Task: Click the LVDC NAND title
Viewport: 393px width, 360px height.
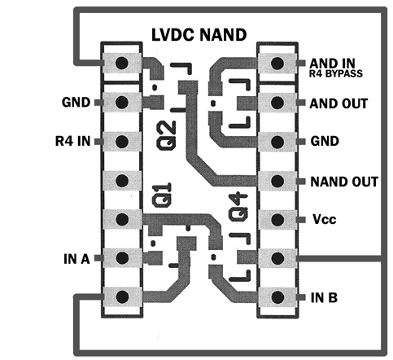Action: tap(199, 35)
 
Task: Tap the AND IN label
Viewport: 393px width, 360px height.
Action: tap(332, 64)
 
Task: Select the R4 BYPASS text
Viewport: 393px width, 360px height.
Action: tap(336, 73)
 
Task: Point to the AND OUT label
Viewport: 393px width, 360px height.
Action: tap(338, 103)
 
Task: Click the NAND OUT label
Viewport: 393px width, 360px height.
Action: tap(344, 182)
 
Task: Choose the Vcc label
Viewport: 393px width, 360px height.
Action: tap(325, 219)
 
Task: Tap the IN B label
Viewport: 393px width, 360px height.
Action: tap(324, 298)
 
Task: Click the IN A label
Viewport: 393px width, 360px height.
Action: tap(76, 259)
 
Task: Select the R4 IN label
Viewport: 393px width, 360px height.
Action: tap(72, 141)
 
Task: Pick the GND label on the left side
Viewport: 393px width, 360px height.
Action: tap(76, 103)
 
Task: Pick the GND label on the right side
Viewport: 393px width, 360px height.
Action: tap(325, 141)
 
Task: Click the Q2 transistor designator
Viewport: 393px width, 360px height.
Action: tap(167, 135)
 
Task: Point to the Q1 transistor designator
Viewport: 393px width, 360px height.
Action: tap(162, 195)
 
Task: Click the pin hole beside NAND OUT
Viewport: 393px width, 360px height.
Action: tap(277, 181)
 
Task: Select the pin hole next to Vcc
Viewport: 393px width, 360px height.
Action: tap(277, 219)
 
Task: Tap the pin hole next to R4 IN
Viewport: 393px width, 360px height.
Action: tap(122, 141)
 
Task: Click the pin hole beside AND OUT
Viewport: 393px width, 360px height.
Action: tap(277, 103)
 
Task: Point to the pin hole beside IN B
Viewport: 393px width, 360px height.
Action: tap(277, 297)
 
